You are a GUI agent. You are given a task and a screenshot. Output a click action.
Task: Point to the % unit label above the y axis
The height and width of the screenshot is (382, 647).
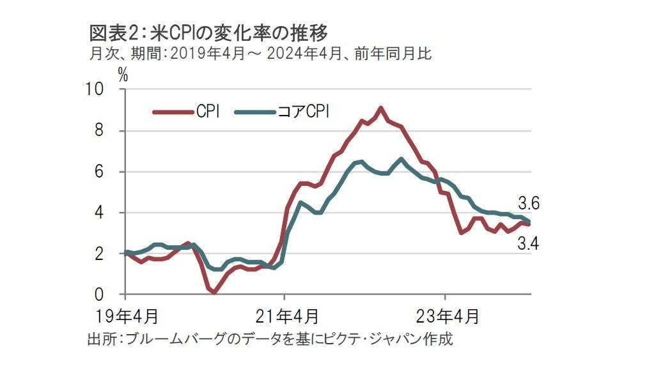click(x=123, y=75)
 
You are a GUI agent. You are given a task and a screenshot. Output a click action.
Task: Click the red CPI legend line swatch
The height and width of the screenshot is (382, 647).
click(x=173, y=112)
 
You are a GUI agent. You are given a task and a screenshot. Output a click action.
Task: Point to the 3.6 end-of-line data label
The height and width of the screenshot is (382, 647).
click(x=530, y=204)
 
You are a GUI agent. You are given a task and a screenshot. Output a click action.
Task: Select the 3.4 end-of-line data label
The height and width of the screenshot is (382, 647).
click(x=530, y=243)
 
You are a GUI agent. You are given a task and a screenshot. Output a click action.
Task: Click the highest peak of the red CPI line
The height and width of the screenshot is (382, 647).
click(x=380, y=108)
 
